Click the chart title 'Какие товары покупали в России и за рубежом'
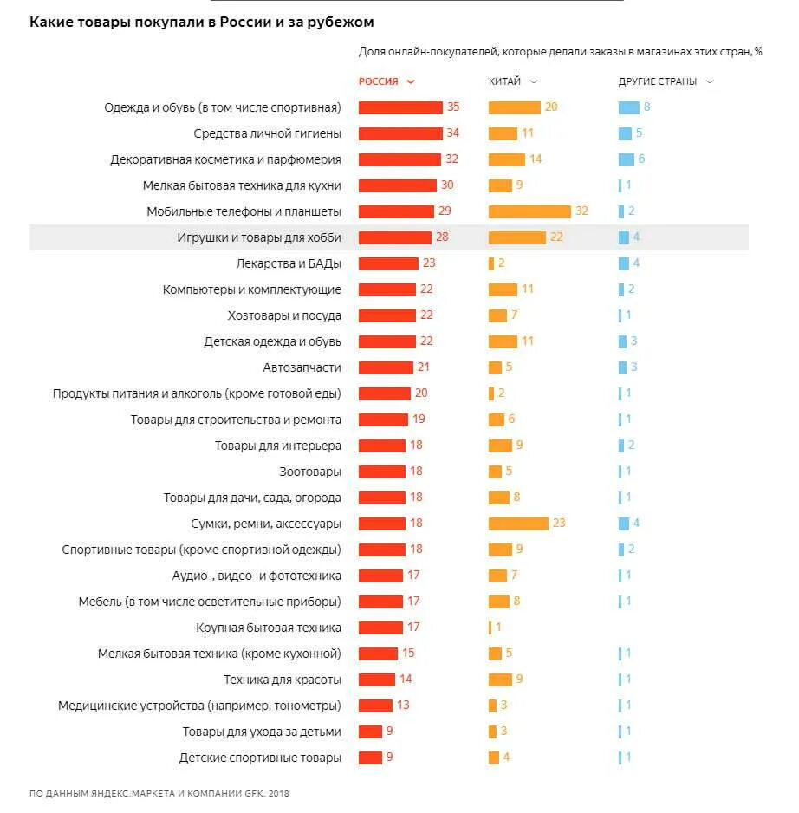202,22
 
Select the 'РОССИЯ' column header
379,81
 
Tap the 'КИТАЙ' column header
504,81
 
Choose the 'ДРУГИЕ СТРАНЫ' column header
658,81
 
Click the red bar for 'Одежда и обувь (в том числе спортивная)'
400,107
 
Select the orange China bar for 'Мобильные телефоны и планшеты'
529,211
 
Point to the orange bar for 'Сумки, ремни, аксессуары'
518,524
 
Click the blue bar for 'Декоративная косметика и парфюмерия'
627,159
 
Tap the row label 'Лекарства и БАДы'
289,263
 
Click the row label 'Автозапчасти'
302,367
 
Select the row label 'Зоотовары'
310,472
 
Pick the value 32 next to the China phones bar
581,211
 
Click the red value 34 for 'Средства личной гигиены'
452,133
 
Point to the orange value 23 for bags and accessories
559,524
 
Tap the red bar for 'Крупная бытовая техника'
380,628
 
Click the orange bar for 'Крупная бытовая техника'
490,628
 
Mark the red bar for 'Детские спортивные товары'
370,758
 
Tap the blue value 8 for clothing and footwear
646,107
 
